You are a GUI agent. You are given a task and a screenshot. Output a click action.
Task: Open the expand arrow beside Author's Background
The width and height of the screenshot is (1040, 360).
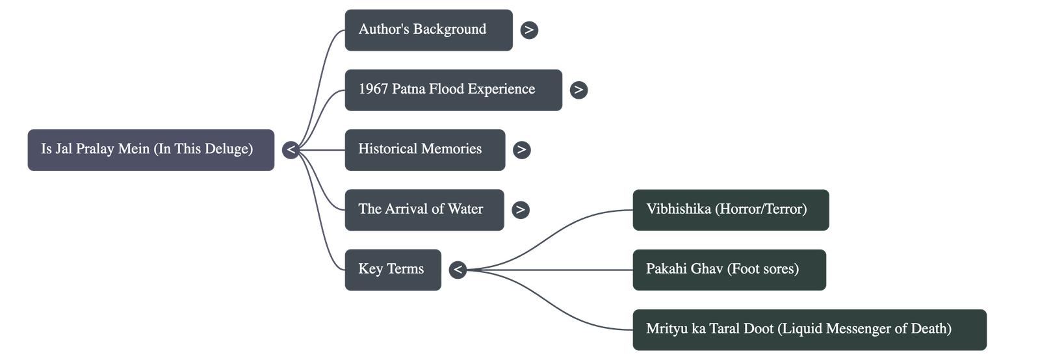529,30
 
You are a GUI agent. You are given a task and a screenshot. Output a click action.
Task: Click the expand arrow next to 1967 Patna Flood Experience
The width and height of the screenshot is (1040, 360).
578,90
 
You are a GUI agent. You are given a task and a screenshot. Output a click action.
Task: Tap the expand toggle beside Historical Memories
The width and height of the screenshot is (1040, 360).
521,149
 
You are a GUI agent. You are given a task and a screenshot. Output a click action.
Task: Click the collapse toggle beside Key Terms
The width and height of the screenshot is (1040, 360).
458,270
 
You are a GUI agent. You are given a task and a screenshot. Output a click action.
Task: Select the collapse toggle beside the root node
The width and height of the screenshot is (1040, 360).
291,150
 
